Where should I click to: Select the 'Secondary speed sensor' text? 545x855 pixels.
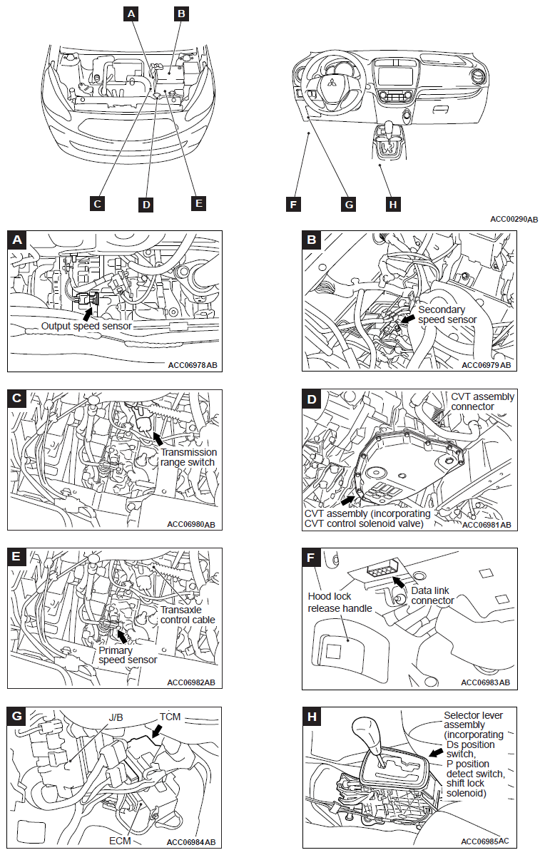coord(447,314)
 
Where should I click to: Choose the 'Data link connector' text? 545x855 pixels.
coord(433,595)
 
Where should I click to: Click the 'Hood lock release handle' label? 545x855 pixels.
coord(340,602)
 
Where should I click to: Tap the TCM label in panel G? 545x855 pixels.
coord(170,715)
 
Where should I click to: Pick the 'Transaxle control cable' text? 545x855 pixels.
coord(188,615)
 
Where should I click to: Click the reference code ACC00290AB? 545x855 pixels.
coord(514,219)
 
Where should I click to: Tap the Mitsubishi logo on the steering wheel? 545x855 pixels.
coord(331,88)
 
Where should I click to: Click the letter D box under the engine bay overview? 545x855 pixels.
coord(146,205)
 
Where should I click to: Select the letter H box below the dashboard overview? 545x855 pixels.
coord(392,205)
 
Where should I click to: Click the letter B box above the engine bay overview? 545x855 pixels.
coord(181,13)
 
